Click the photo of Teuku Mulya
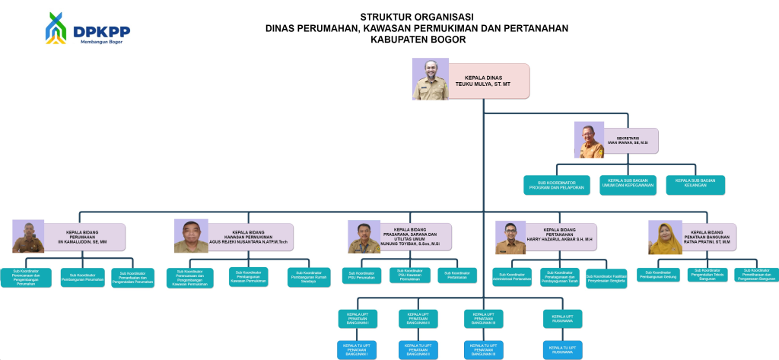(x=431, y=79)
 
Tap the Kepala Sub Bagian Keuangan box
(x=695, y=185)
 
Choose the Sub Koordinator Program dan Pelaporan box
(x=560, y=185)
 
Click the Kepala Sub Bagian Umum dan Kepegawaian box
(x=628, y=185)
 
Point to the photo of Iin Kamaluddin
(x=28, y=237)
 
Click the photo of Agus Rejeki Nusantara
(x=191, y=237)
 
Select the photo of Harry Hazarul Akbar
(x=510, y=237)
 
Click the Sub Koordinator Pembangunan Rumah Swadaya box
(x=309, y=277)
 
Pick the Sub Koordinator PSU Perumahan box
(x=361, y=276)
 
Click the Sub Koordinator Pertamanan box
(x=456, y=276)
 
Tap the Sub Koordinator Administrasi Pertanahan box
(x=513, y=278)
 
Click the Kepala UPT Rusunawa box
(x=562, y=318)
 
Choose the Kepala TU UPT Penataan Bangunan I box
(x=357, y=349)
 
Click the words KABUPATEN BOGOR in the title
(x=417, y=40)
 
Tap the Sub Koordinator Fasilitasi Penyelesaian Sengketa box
(x=606, y=278)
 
